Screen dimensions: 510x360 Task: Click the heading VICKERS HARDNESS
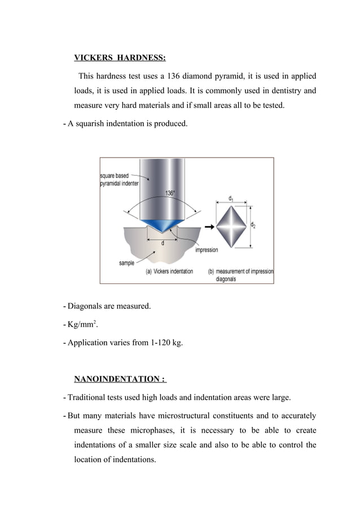pyautogui.click(x=120, y=58)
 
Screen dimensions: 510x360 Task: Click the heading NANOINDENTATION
pyautogui.click(x=120, y=379)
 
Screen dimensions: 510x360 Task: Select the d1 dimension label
pyautogui.click(x=232, y=198)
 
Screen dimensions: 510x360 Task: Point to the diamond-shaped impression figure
pyautogui.click(x=232, y=225)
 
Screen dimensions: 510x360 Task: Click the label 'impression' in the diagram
pyautogui.click(x=207, y=250)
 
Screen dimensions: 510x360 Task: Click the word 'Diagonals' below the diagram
pyautogui.click(x=86, y=307)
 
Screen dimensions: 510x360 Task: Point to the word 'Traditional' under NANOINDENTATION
pyautogui.click(x=89, y=398)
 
